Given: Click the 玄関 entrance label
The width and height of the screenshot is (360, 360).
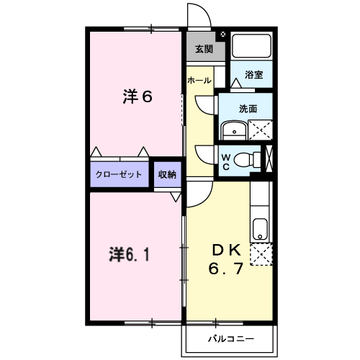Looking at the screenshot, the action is (204, 49).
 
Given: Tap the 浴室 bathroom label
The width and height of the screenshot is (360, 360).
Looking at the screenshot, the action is (253, 75).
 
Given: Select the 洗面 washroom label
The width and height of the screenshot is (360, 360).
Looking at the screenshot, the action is (248, 109).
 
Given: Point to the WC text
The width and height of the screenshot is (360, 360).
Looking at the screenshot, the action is (226, 162).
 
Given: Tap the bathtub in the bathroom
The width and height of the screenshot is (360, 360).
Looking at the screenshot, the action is (251, 45).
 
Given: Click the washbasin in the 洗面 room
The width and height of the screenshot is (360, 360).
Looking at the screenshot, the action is (234, 130).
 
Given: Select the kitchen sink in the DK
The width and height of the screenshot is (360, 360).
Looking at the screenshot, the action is (260, 229).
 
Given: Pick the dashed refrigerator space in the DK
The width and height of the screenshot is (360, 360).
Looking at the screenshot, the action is (261, 254).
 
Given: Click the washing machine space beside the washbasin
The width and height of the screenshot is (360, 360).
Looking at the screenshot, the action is (260, 130).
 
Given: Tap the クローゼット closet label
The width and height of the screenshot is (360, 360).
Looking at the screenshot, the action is (119, 174).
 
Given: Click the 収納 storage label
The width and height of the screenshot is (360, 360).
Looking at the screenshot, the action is (167, 174).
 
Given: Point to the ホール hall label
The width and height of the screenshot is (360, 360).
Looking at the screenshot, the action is (199, 80).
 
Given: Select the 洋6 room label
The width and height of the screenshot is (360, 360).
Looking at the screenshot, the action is (138, 96).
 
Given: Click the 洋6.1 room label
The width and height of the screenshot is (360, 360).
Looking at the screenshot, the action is (129, 254).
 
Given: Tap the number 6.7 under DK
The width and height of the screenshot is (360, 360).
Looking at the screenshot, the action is (226, 268).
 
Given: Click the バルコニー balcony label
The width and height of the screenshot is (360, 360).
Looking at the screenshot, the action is (231, 339).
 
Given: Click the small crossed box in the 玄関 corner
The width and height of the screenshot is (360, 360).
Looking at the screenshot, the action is (222, 35).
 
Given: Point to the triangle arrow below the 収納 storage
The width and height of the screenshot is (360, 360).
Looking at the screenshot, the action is (176, 197).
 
